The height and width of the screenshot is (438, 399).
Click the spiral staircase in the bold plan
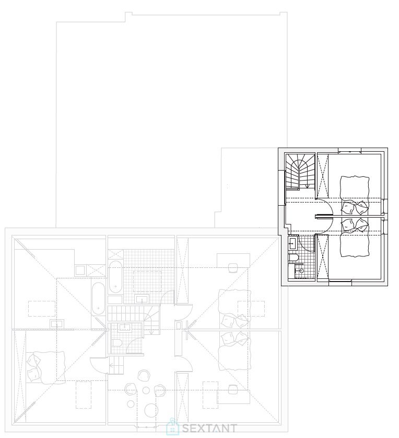coord(300,171)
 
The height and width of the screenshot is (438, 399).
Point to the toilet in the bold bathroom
coord(294,257)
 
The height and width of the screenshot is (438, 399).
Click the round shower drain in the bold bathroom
coord(301,271)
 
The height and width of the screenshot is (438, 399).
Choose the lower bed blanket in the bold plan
coord(354,244)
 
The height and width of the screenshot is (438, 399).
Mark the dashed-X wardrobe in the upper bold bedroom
coord(323,176)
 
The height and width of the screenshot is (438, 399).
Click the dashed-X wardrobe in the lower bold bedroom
coord(323,257)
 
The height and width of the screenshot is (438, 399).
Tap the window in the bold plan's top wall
coord(349,151)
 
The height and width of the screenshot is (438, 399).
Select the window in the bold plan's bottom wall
coord(340,283)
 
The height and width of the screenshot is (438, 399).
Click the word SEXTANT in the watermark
coord(209,428)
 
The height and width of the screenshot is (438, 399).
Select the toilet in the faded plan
coord(116,343)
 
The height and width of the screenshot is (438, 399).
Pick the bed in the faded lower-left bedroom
coord(46,367)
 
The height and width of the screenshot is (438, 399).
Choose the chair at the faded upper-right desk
coord(232,268)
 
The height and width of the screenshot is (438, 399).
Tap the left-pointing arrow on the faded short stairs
coord(112,365)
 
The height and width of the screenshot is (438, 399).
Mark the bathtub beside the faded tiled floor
coord(115,276)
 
